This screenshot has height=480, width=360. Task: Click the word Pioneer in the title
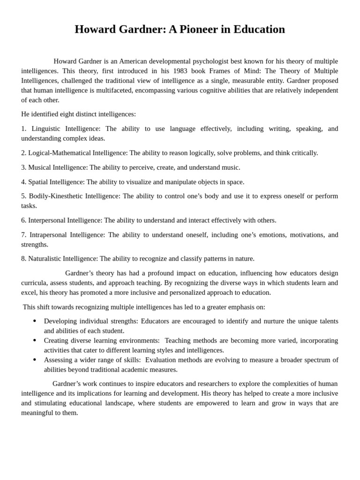pyautogui.click(x=200, y=29)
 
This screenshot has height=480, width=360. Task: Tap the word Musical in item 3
pyautogui.click(x=40, y=167)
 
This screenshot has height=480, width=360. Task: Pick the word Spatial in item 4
pyautogui.click(x=38, y=182)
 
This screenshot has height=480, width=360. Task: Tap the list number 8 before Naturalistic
pyautogui.click(x=23, y=258)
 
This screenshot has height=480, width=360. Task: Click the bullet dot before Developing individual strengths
pyautogui.click(x=35, y=321)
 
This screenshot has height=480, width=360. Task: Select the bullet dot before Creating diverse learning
pyautogui.click(x=35, y=340)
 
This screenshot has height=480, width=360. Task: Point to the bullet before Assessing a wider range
pyautogui.click(x=35, y=360)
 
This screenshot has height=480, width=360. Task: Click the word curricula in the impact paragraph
pyautogui.click(x=35, y=283)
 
